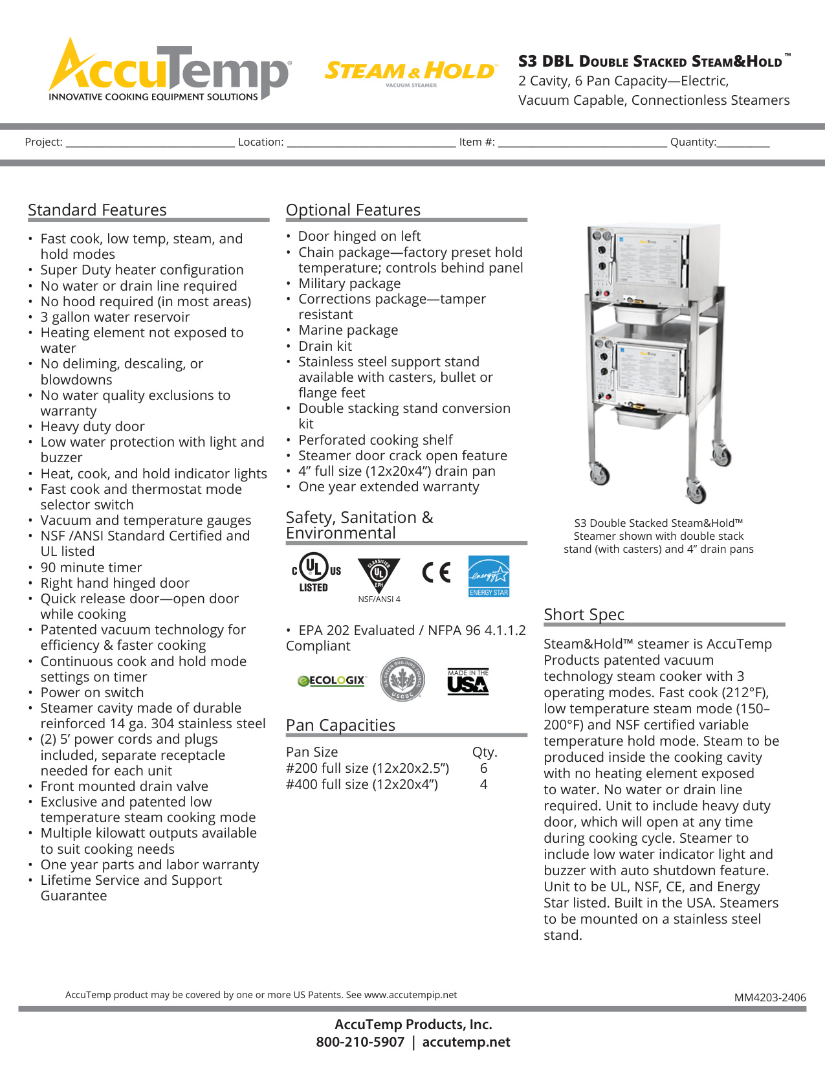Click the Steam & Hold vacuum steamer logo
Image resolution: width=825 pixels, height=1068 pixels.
tap(410, 72)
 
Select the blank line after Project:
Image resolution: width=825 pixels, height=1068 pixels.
tap(150, 143)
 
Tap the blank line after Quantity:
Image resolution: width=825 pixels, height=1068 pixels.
tap(743, 143)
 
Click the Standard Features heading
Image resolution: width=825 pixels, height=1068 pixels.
tap(97, 210)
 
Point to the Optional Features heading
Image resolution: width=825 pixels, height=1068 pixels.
tap(353, 210)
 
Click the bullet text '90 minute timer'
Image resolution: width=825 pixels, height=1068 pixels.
tap(91, 568)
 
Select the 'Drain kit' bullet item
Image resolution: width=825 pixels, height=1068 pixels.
tap(325, 346)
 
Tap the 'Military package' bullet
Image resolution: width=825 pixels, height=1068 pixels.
tap(349, 284)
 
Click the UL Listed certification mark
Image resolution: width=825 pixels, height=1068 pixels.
tap(315, 572)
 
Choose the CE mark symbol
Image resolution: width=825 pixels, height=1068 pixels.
tap(436, 572)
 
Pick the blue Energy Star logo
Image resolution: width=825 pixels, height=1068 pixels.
tap(489, 575)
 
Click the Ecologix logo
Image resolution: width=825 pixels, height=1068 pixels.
tap(331, 681)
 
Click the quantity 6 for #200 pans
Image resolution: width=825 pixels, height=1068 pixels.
tap(483, 768)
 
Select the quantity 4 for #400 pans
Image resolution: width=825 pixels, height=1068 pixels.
tap(483, 784)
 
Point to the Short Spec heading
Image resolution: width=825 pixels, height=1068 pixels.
tap(584, 614)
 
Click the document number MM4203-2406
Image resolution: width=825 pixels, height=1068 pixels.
tap(770, 997)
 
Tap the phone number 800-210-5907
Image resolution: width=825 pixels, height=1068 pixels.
tap(360, 1042)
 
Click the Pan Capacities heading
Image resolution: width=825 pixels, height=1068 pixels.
tap(340, 726)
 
